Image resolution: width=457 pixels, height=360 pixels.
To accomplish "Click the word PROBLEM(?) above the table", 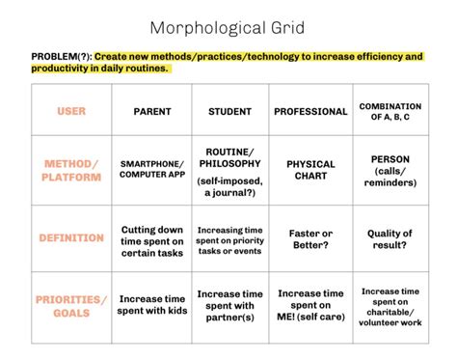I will pyautogui.click(x=61, y=57).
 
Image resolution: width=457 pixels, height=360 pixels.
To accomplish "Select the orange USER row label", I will pyautogui.click(x=71, y=112).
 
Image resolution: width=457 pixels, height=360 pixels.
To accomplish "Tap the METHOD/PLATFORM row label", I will pyautogui.click(x=71, y=171).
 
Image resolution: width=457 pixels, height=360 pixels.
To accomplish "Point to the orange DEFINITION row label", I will pyautogui.click(x=71, y=237).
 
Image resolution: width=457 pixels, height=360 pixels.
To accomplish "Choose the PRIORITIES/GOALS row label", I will pyautogui.click(x=71, y=306).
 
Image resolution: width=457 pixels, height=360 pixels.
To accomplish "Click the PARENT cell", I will pyautogui.click(x=151, y=112).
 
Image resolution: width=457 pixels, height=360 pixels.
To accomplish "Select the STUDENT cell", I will pyautogui.click(x=229, y=112).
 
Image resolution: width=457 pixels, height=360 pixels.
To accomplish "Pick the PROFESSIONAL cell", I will pyautogui.click(x=310, y=112).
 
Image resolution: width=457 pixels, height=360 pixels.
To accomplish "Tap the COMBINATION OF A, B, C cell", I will pyautogui.click(x=390, y=111).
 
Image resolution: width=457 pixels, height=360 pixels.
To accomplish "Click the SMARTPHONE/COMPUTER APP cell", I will pyautogui.click(x=151, y=171).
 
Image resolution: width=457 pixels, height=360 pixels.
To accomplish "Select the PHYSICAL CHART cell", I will pyautogui.click(x=310, y=171).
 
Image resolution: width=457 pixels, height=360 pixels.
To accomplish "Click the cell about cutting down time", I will pyautogui.click(x=151, y=240).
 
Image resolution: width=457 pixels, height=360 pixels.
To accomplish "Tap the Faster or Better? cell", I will pyautogui.click(x=310, y=240).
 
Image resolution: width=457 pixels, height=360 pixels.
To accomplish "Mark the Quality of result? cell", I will pyautogui.click(x=390, y=240).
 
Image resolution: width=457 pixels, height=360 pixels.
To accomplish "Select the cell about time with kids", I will pyautogui.click(x=151, y=306).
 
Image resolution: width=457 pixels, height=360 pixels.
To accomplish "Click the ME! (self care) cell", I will pyautogui.click(x=310, y=306).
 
